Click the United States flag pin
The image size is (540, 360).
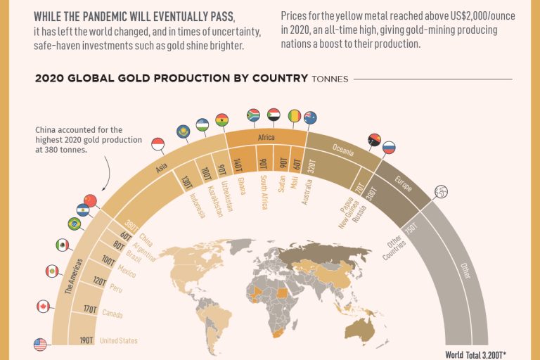pos(40,345)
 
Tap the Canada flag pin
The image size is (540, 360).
pos(44,307)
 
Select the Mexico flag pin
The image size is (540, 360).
pos(63,245)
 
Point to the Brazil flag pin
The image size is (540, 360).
pos(74,224)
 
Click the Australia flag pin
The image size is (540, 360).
pos(310,118)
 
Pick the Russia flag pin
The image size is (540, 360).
pos(388,148)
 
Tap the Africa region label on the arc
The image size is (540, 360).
pos(265,139)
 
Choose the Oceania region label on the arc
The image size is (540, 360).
pos(343,149)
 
